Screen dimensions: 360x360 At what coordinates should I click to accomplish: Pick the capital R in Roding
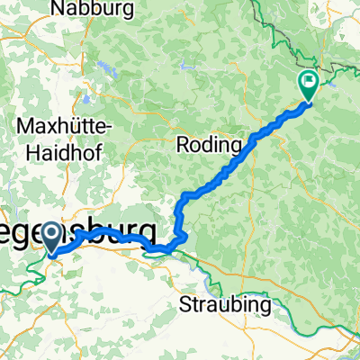[181, 144]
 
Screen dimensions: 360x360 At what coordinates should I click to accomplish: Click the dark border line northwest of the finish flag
[270, 36]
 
